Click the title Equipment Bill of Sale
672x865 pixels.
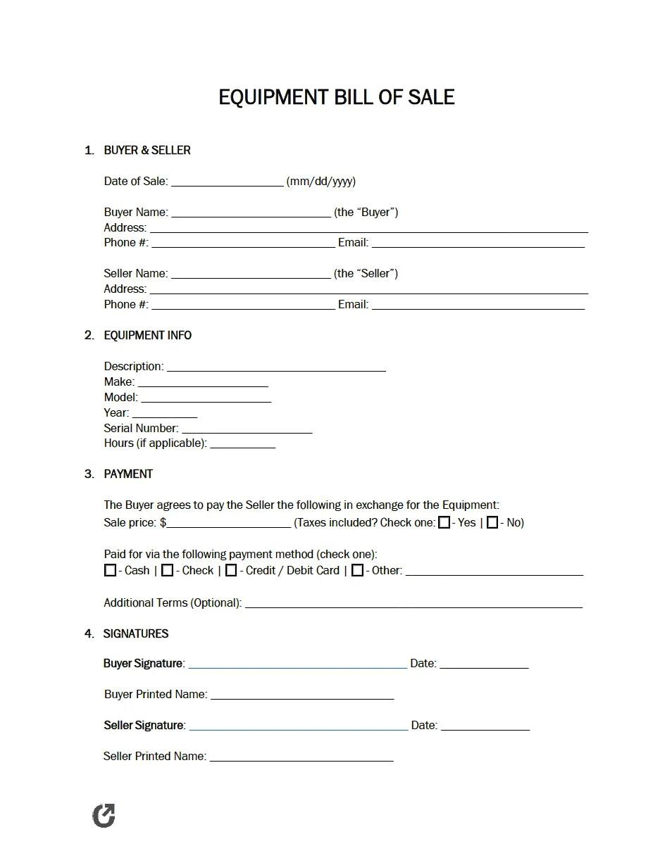coord(336,96)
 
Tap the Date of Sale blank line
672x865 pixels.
coord(227,182)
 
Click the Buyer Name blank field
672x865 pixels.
coord(251,213)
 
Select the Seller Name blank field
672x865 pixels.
coord(251,274)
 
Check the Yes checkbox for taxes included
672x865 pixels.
coord(444,522)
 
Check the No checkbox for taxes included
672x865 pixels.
coord(493,522)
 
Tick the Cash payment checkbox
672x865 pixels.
coord(110,570)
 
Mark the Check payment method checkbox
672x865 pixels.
coord(167,570)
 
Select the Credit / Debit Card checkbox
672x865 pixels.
coord(231,570)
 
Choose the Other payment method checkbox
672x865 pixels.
coord(358,570)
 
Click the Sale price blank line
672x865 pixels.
coord(229,523)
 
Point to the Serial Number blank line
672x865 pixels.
coord(247,429)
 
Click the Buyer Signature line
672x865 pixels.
coord(297,664)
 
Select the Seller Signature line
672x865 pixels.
coord(298,726)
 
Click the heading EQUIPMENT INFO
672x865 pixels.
coord(147,336)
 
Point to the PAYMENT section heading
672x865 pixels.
coord(128,474)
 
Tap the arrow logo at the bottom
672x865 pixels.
coord(104,816)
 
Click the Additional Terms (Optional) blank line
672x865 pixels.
coord(413,603)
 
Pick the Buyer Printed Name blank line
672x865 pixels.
coord(302,695)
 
